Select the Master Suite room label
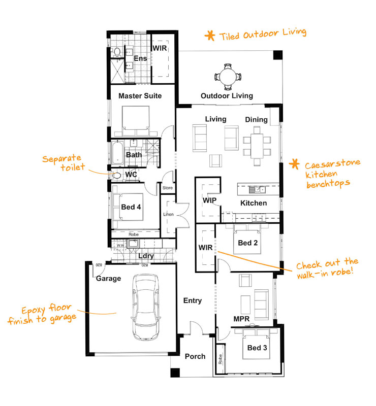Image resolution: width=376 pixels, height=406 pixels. pyautogui.click(x=140, y=96)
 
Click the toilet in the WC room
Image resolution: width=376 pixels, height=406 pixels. pyautogui.click(x=116, y=175)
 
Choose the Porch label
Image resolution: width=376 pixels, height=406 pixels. pyautogui.click(x=195, y=356)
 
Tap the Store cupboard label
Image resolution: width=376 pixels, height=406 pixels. pyautogui.click(x=168, y=188)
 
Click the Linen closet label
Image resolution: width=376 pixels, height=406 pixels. pyautogui.click(x=168, y=214)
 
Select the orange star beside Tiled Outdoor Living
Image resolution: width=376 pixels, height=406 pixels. pyautogui.click(x=209, y=36)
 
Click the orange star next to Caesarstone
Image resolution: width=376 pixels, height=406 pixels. pyautogui.click(x=293, y=164)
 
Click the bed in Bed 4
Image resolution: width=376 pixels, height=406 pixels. pyautogui.click(x=129, y=207)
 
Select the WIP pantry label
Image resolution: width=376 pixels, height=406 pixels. pyautogui.click(x=210, y=200)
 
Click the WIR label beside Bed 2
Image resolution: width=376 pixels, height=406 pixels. pyautogui.click(x=206, y=248)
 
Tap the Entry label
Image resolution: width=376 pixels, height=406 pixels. pyautogui.click(x=193, y=300)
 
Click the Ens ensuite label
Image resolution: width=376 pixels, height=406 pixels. pyautogui.click(x=140, y=59)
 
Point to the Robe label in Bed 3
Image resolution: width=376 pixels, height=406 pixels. pyautogui.click(x=220, y=360)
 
